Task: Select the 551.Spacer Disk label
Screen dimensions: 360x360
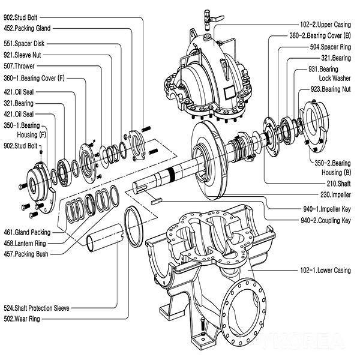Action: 23,44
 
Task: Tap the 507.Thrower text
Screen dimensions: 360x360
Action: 20,67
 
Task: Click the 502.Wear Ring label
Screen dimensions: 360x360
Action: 22,319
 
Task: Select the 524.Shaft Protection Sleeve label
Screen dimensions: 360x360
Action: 37,308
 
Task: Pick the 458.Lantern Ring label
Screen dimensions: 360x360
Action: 25,243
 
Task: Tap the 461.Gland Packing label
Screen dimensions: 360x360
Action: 26,232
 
